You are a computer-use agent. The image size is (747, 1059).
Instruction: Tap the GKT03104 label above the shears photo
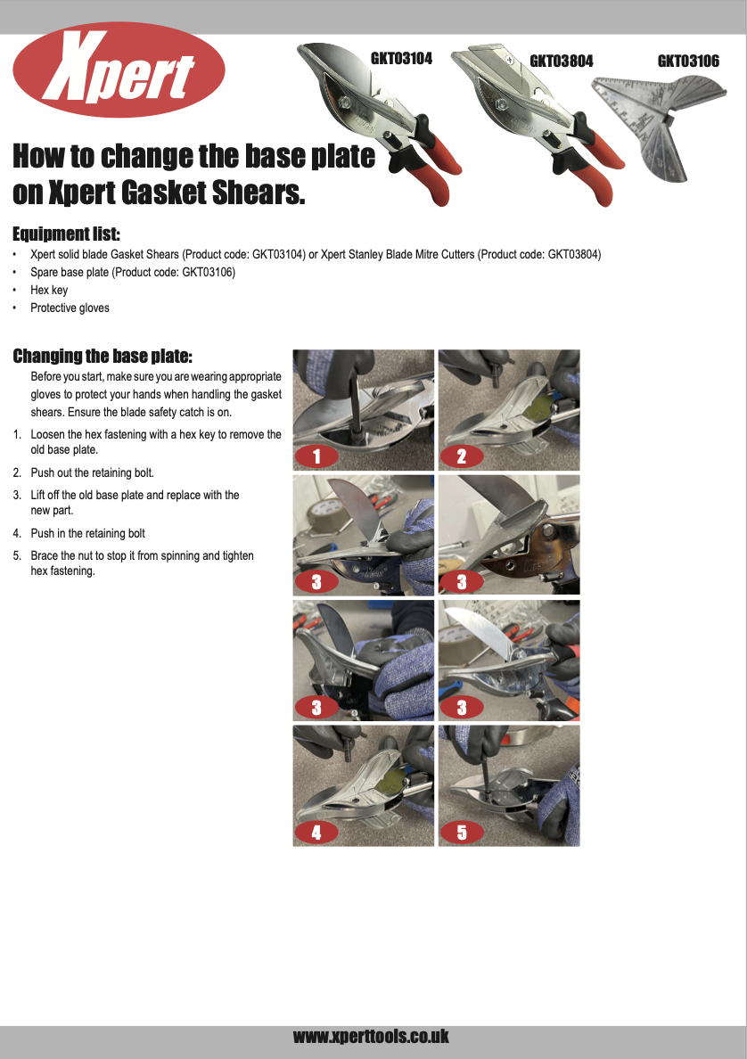pos(401,59)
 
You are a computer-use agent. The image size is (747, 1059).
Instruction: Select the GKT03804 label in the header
pos(561,62)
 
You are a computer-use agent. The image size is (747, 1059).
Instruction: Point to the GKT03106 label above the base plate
pos(688,62)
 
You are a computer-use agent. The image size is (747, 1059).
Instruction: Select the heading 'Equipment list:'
pos(66,234)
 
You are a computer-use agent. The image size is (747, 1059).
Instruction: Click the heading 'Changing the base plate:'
pos(102,357)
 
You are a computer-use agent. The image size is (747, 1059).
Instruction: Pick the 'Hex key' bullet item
pos(49,290)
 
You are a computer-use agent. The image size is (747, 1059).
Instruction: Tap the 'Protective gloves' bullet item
pos(70,308)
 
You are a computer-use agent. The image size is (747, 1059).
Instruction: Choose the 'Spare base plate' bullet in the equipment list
pos(132,272)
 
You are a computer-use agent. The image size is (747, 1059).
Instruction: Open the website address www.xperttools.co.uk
pos(371,1037)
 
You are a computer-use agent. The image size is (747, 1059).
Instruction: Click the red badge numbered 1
pos(316,457)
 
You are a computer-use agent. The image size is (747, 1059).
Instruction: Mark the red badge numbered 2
pos(461,457)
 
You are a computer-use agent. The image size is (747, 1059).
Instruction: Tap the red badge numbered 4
pos(316,833)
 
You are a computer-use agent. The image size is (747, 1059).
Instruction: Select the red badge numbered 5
pos(461,833)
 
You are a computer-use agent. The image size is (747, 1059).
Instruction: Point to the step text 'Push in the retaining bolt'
pos(87,533)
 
